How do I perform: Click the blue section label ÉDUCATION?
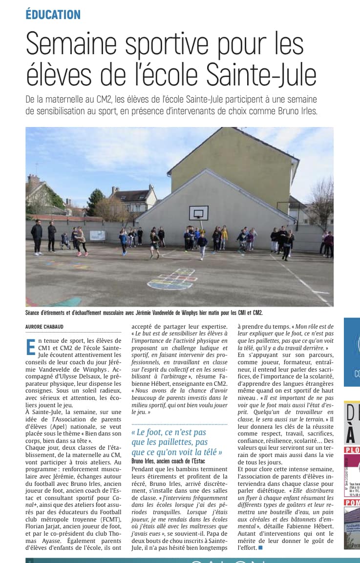pyautogui.click(x=53, y=14)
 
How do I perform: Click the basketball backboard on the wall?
pyautogui.click(x=199, y=213)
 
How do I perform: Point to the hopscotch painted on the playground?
pyautogui.click(x=171, y=279)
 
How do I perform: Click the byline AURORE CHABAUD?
pyautogui.click(x=45, y=326)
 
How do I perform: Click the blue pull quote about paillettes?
pyautogui.click(x=177, y=442)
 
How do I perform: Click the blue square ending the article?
pyautogui.click(x=260, y=548)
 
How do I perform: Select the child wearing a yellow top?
pyautogui.click(x=224, y=234)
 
